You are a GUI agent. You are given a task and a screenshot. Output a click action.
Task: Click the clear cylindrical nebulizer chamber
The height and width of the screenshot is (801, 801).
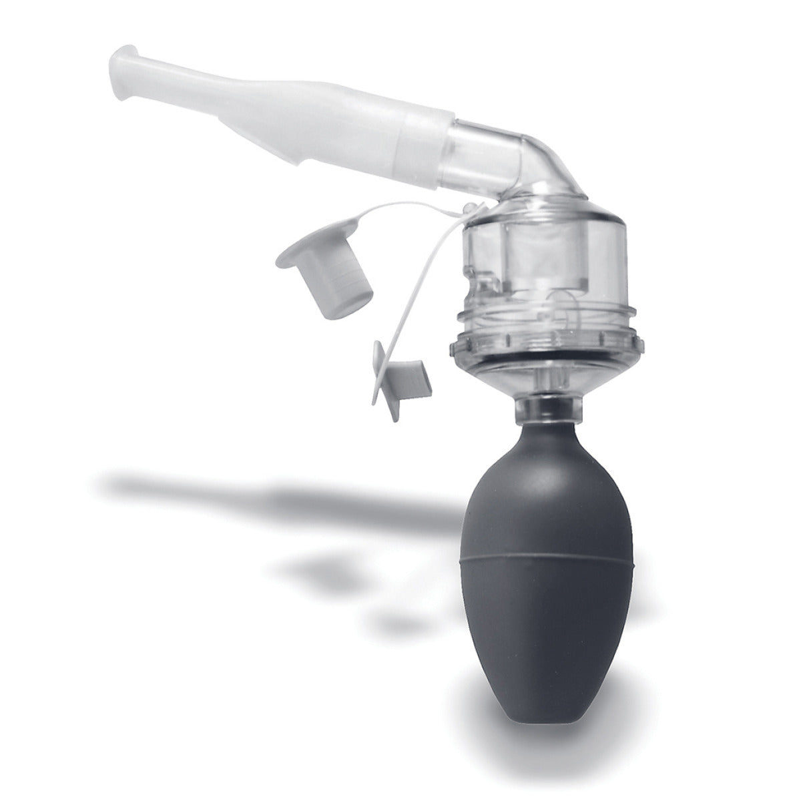coord(544,267)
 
